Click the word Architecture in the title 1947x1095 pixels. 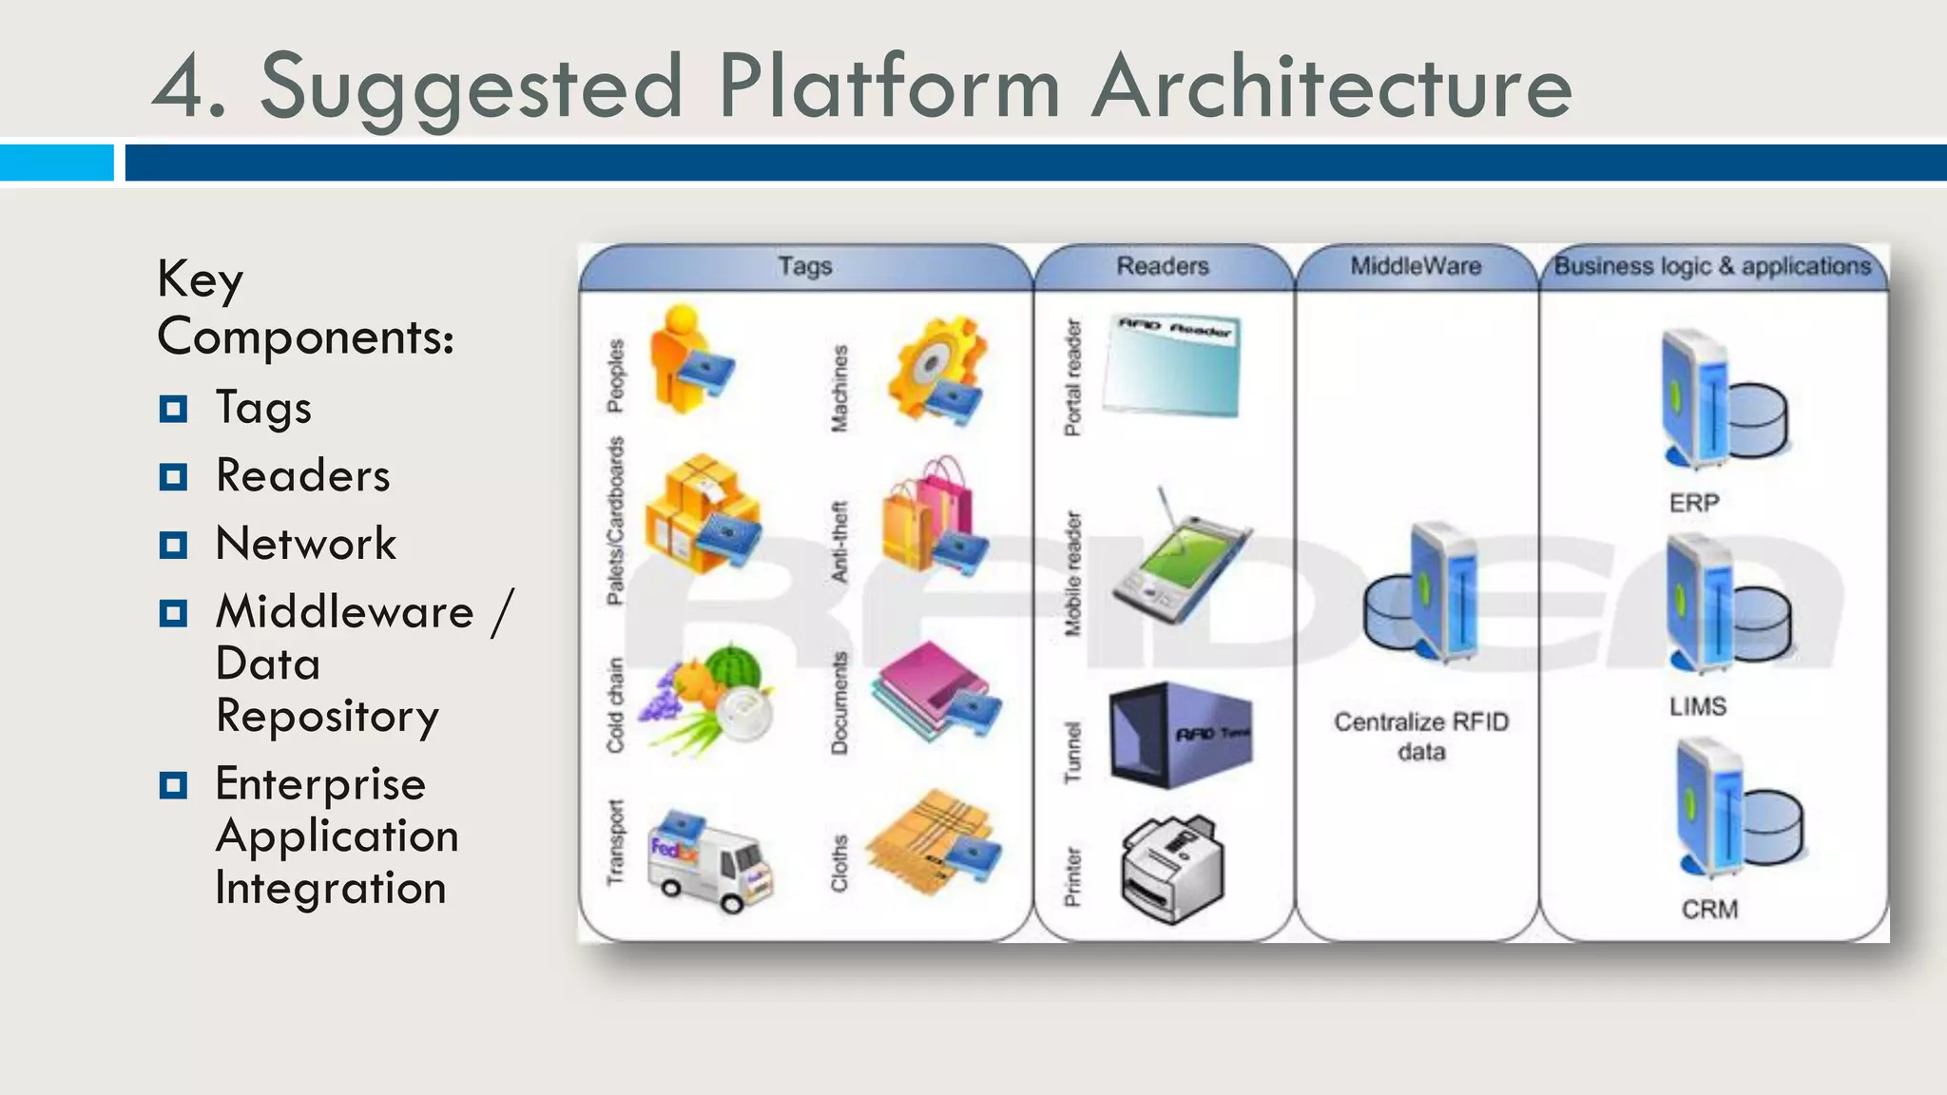point(1331,87)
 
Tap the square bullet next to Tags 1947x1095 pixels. point(173,409)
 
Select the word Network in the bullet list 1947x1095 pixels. point(305,544)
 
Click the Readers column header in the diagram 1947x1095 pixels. point(1162,266)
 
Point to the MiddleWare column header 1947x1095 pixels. point(1416,266)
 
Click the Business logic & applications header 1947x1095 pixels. point(1712,266)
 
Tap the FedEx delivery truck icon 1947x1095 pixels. point(709,863)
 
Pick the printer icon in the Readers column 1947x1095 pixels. point(1173,867)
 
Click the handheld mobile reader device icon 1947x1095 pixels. point(1182,561)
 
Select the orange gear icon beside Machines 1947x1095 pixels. point(936,371)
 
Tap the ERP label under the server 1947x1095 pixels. point(1694,503)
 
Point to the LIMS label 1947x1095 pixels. point(1698,706)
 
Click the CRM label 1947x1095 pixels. point(1709,910)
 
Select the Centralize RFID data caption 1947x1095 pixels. point(1421,737)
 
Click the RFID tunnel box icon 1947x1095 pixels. point(1179,734)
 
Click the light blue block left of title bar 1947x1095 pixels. point(57,162)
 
